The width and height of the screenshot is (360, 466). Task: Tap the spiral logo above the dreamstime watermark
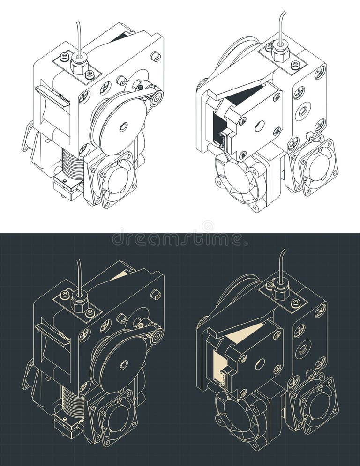coord(208,226)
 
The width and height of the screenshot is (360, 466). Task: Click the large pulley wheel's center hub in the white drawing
coord(123,126)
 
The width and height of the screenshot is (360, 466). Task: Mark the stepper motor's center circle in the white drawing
coord(259,126)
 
